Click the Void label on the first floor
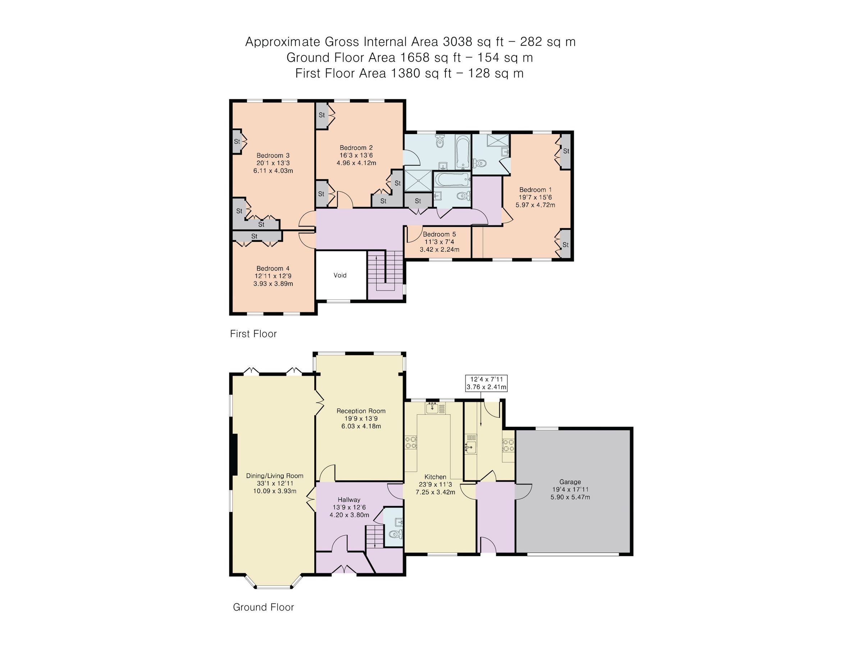coord(340,275)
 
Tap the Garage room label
coord(570,482)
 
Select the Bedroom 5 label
coord(439,234)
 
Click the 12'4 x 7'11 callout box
coord(487,383)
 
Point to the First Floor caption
coord(253,334)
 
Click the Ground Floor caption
coord(263,607)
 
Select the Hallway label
coord(349,500)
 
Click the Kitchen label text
coord(435,477)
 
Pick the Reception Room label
coord(361,411)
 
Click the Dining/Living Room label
coord(274,476)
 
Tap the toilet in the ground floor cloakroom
coord(395,534)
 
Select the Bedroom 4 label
coord(273,268)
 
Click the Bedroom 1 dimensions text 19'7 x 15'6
coord(535,197)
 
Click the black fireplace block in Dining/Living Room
coord(234,455)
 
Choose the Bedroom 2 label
coord(356,148)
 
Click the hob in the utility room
coord(508,445)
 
